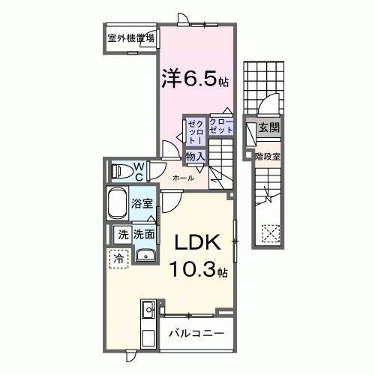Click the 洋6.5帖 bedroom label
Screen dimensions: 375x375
pos(194,77)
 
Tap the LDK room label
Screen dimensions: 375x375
pos(197,243)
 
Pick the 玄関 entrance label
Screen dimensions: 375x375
pos(268,128)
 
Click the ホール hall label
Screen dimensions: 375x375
pos(184,178)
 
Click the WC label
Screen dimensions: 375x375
pos(139,170)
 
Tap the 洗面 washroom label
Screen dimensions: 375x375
pos(145,234)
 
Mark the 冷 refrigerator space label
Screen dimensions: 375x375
pos(118,257)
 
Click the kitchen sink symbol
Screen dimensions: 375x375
pos(148,309)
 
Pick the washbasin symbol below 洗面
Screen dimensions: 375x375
pos(146,256)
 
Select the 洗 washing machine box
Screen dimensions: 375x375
pos(122,234)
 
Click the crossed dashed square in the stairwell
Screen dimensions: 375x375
pos(268,232)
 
